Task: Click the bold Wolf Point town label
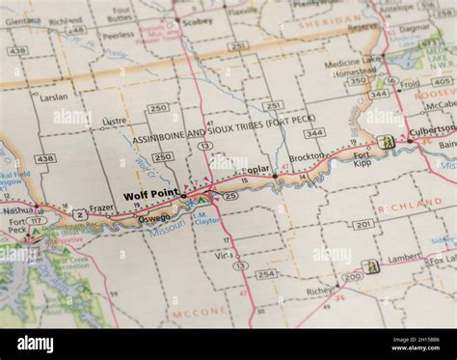(x=151, y=195)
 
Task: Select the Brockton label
(x=307, y=156)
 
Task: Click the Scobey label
(x=197, y=20)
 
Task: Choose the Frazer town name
(x=101, y=208)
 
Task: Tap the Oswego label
(x=154, y=217)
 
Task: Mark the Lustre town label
(x=115, y=122)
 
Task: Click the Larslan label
(x=54, y=97)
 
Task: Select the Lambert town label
(x=405, y=258)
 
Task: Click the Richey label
(x=319, y=290)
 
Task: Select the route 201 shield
(x=363, y=224)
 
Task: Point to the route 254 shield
(x=265, y=274)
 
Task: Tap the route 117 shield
(x=36, y=221)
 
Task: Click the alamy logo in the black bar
(x=36, y=344)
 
